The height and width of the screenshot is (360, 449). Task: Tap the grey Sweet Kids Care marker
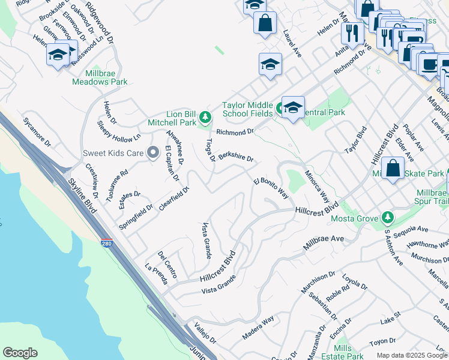(152, 153)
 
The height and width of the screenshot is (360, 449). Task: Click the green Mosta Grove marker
(388, 217)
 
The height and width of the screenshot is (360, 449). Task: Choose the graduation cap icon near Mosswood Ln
(58, 55)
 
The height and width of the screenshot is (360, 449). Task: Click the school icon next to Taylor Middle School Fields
(293, 108)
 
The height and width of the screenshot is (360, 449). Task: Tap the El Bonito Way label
(271, 188)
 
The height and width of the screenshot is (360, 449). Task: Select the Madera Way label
(258, 327)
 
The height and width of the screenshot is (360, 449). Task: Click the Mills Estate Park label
(343, 352)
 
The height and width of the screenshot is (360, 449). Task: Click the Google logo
(20, 353)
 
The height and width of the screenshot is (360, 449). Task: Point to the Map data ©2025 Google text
(411, 355)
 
